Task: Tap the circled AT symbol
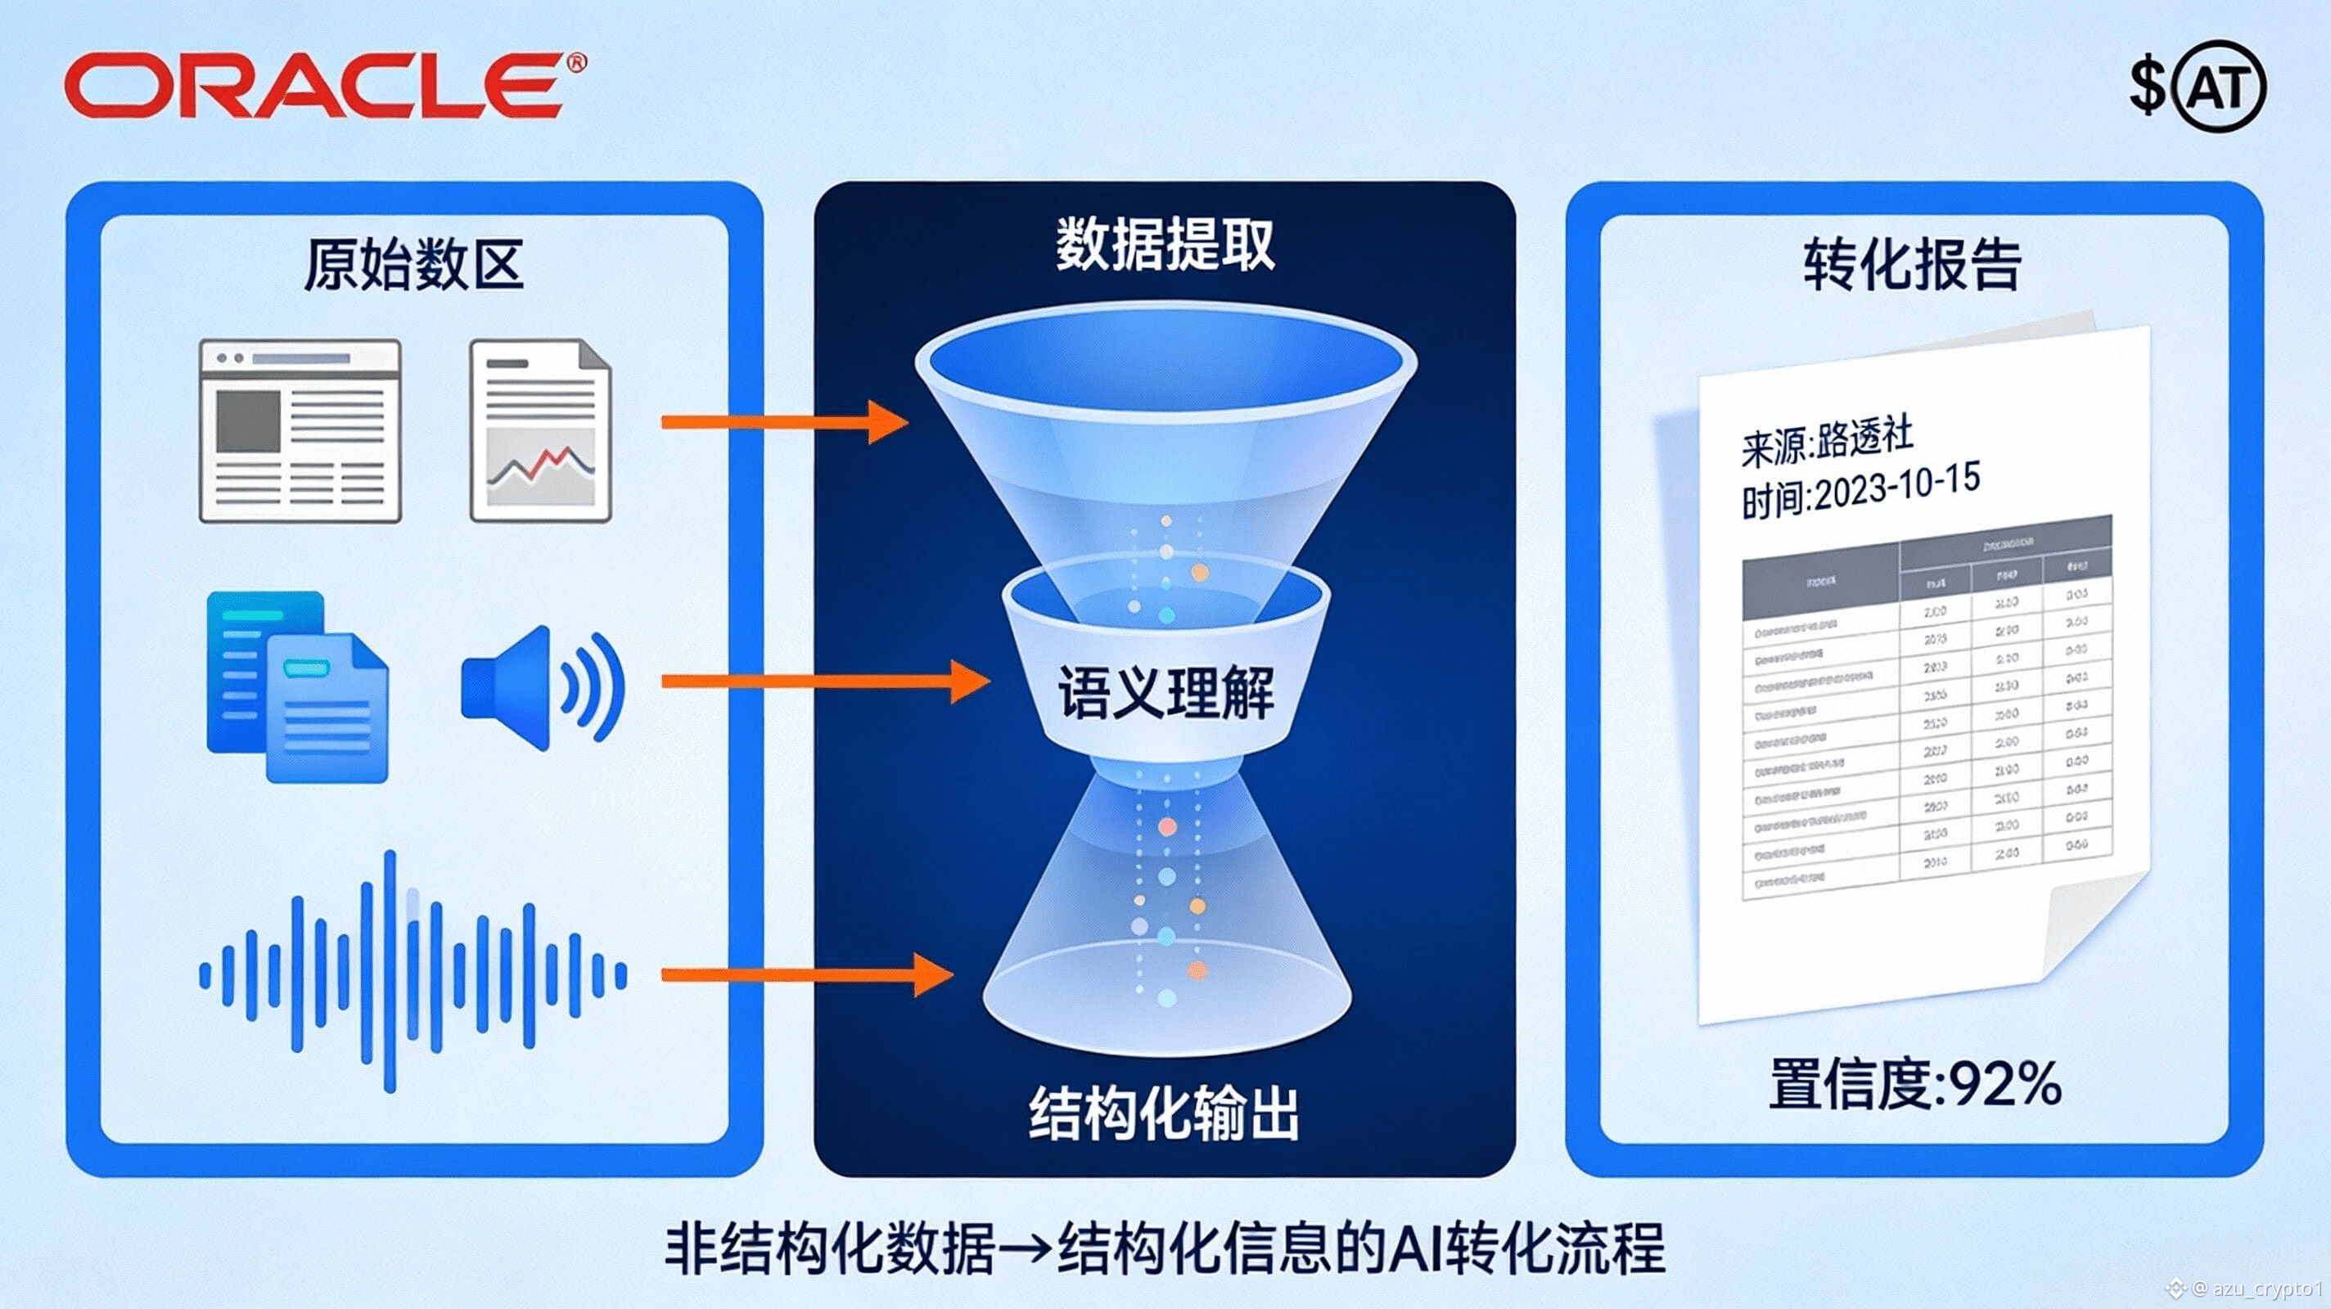2221,87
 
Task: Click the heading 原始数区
413,265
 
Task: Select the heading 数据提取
1165,245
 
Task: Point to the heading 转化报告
1912,265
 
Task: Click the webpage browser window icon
300,430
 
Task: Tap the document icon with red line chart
540,430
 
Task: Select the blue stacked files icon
297,686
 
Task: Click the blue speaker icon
541,687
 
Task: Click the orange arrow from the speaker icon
824,681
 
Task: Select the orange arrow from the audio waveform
806,974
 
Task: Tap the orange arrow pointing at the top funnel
783,421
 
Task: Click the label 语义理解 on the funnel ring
1165,693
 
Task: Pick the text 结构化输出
1164,1113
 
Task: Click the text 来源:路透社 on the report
1827,443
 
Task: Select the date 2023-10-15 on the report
1896,489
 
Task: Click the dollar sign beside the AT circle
2145,88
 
